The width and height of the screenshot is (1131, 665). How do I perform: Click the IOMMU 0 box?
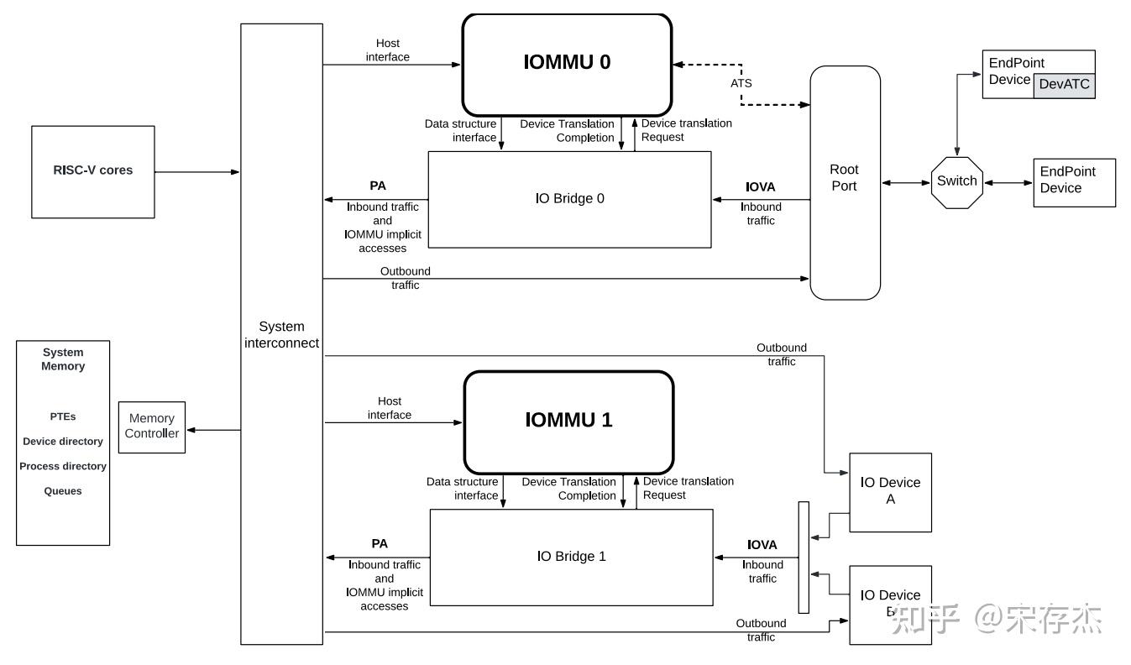tap(567, 64)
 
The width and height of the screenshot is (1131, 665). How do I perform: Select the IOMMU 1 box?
tap(568, 421)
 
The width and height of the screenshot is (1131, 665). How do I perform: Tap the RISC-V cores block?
tap(93, 171)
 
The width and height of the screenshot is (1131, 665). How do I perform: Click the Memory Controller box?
tap(152, 427)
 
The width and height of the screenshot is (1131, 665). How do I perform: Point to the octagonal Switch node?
tap(957, 181)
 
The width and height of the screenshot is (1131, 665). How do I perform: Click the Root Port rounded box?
tap(845, 179)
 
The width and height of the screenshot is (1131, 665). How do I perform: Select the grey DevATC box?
tap(1064, 85)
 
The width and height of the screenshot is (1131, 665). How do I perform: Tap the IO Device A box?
tap(890, 491)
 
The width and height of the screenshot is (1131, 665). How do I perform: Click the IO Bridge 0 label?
tap(569, 199)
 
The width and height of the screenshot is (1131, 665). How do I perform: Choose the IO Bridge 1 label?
tap(571, 556)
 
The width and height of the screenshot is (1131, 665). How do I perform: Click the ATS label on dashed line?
tap(741, 83)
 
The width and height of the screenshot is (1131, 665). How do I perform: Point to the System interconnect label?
tap(281, 334)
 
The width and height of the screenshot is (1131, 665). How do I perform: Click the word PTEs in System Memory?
tap(63, 416)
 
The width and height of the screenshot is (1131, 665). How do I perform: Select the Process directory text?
tap(63, 466)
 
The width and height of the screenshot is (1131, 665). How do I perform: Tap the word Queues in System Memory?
tap(63, 491)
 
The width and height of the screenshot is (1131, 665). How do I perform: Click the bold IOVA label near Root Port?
tap(761, 186)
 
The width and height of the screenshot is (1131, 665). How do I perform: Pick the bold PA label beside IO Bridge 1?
tap(380, 544)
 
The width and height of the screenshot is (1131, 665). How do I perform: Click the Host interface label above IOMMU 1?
tap(390, 408)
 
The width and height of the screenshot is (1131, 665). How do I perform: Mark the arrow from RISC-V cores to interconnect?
tap(197, 172)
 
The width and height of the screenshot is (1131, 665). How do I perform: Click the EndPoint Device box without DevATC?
tap(1074, 181)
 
